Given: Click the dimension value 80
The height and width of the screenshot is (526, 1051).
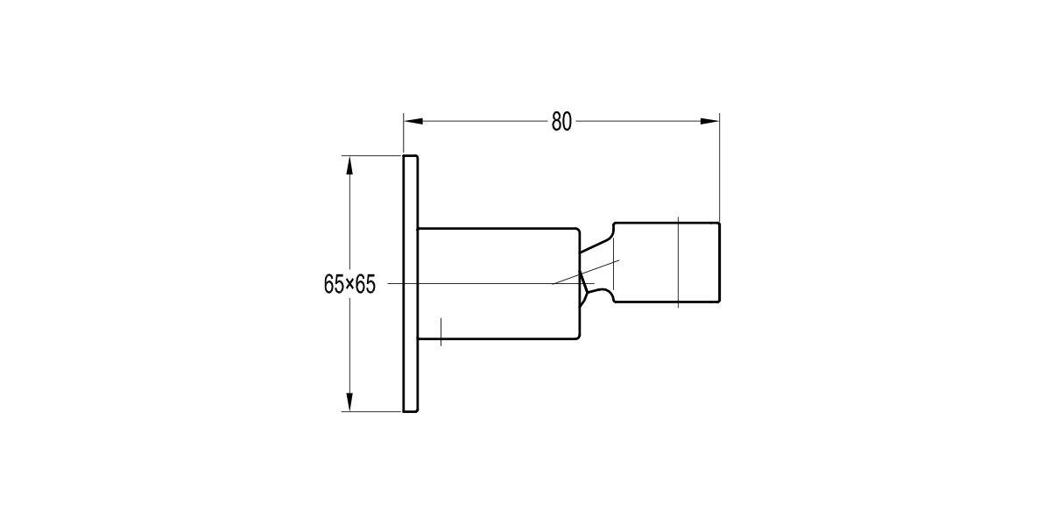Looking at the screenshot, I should point(561,122).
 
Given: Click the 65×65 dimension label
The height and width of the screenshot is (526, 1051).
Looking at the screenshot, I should point(349,284).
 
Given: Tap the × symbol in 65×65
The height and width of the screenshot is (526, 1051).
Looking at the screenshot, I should point(349,284).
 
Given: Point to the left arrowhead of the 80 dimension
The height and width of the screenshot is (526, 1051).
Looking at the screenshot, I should point(412,122).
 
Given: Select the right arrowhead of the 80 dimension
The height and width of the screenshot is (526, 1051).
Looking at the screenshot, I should point(710,122).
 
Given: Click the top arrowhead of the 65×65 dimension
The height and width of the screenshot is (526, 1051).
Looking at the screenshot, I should point(349,164).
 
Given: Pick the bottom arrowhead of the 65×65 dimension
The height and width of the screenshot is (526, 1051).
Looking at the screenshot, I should point(349,402).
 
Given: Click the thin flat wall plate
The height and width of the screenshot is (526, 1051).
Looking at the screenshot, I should point(410,283).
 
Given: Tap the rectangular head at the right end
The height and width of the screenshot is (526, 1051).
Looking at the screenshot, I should point(666,262).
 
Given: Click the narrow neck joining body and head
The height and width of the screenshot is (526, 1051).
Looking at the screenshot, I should point(596,264).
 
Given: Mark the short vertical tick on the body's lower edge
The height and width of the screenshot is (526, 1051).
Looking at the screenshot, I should point(441,331).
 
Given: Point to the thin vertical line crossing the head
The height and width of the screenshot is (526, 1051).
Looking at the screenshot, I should point(678,262).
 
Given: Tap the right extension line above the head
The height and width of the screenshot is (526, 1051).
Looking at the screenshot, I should point(719,167).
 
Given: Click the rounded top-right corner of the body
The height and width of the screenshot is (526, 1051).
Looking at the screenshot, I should point(576,231).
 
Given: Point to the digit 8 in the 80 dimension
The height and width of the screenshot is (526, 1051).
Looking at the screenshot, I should point(556,122).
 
